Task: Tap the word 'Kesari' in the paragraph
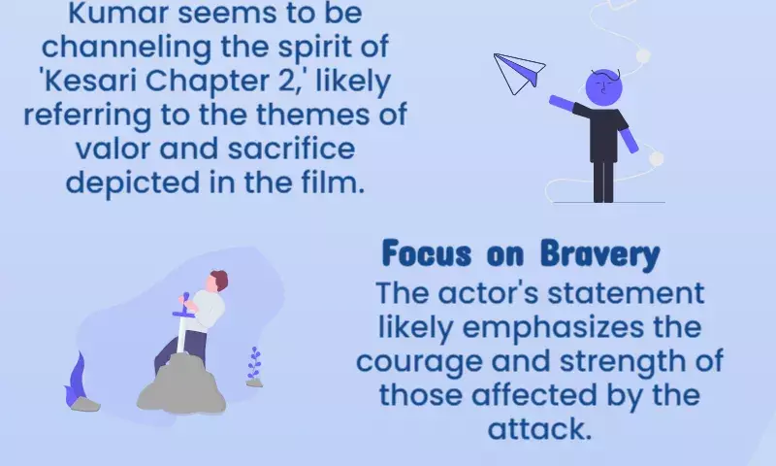89,81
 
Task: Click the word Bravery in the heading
599,254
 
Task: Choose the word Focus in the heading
427,253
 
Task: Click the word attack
539,429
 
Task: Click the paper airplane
519,73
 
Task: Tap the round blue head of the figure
603,87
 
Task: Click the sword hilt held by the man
185,309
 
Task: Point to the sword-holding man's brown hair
220,281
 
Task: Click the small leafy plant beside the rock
254,367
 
